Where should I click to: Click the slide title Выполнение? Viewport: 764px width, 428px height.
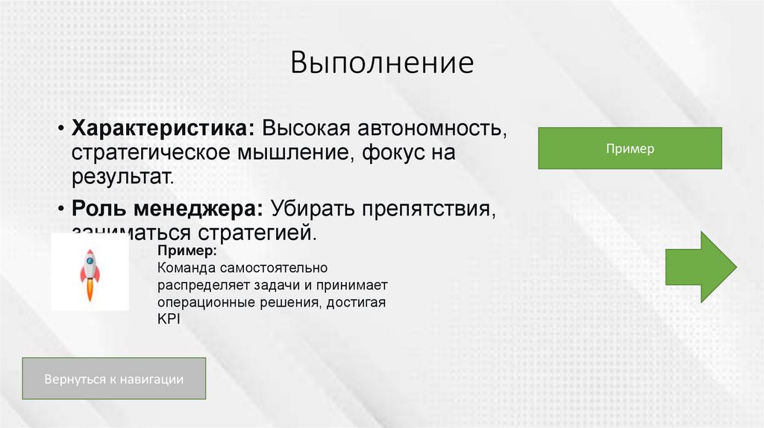tap(382, 63)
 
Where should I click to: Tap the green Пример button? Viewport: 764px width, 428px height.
tap(630, 148)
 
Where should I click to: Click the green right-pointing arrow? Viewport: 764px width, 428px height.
tap(701, 266)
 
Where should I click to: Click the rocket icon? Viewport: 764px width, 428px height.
tap(90, 272)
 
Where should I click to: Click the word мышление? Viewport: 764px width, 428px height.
tap(297, 152)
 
